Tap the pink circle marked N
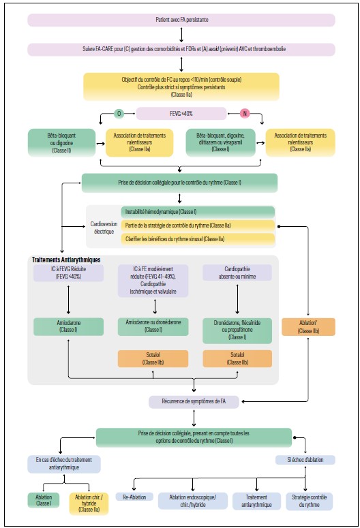(x=244, y=113)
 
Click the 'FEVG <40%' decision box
(x=181, y=113)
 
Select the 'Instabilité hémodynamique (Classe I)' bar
(x=198, y=213)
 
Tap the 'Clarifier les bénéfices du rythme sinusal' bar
(x=198, y=239)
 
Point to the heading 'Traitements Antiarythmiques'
(x=66, y=260)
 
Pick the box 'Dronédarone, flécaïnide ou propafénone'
(x=237, y=330)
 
